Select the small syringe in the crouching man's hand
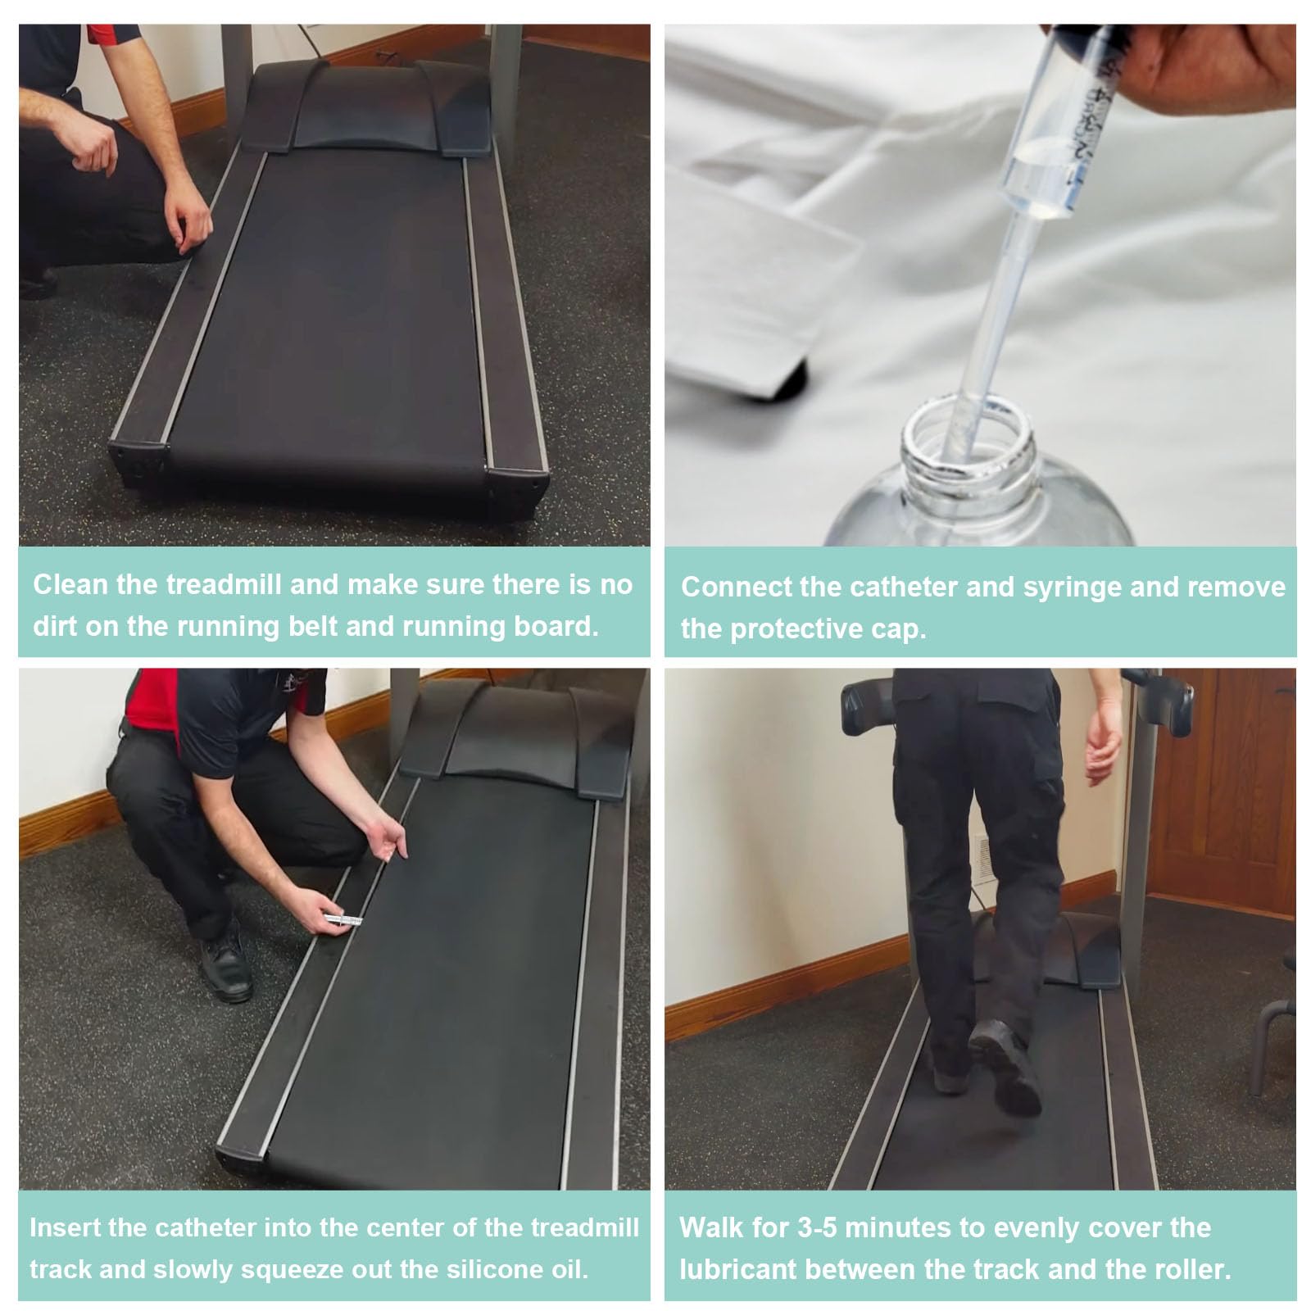click(344, 920)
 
